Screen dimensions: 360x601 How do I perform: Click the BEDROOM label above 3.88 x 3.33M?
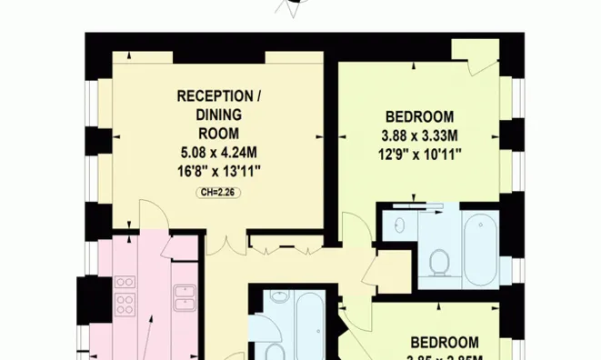pos(419,116)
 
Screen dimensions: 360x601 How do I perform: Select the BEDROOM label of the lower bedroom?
pos(445,343)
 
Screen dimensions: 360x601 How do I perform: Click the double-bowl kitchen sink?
pos(186,297)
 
